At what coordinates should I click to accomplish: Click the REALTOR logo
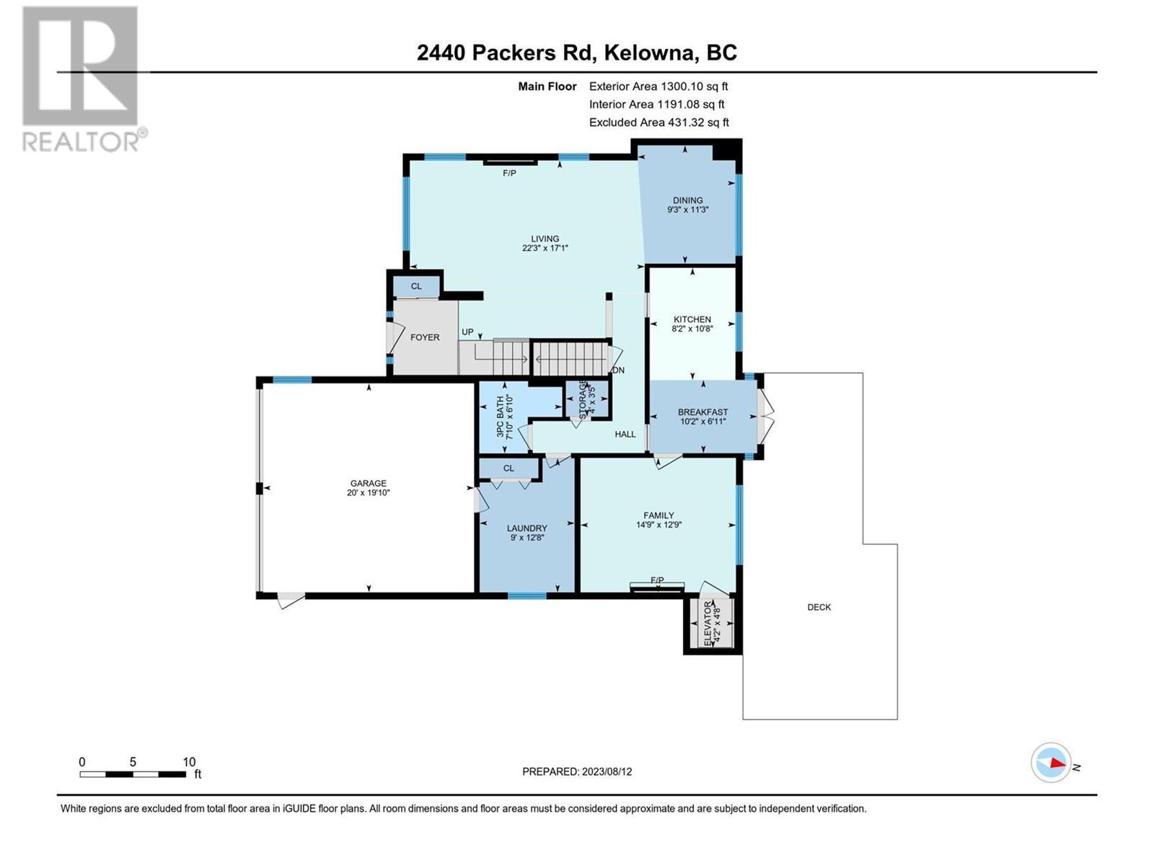(84, 79)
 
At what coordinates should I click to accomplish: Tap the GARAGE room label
(368, 483)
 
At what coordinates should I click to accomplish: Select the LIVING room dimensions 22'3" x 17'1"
(545, 249)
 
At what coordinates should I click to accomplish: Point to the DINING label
(687, 200)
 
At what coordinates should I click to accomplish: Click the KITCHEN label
(692, 319)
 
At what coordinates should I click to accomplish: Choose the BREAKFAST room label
(703, 412)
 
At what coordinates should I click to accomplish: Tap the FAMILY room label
(659, 515)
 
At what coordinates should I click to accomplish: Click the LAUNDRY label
(527, 528)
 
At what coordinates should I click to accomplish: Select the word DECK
(819, 607)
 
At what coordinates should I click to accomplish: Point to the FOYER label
(425, 337)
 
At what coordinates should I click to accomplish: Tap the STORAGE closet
(587, 399)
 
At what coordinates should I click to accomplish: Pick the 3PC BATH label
(500, 417)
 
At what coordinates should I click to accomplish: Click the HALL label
(625, 435)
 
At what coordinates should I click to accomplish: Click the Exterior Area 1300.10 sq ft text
(659, 86)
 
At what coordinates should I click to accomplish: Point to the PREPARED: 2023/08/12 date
(577, 772)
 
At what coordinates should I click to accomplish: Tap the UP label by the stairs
(467, 332)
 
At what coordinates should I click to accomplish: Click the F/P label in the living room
(509, 173)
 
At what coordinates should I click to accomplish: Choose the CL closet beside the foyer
(416, 286)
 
